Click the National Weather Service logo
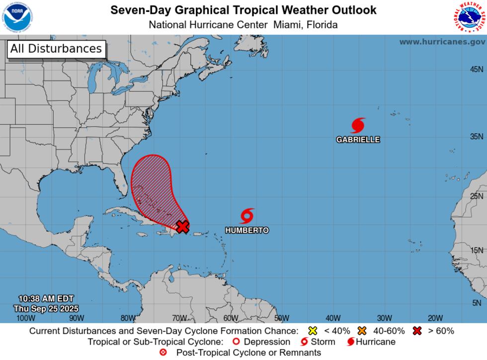(469, 17)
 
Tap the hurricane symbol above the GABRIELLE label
(358, 125)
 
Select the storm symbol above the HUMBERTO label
(247, 216)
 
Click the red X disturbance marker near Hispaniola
(183, 226)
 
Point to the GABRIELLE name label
(358, 140)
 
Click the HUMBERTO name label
(247, 231)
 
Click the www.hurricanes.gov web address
(442, 42)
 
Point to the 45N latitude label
(477, 69)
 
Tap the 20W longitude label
(435, 318)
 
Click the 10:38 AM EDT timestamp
(46, 298)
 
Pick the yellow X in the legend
(313, 331)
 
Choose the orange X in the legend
(362, 331)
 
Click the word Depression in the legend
(267, 342)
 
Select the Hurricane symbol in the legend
(350, 342)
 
